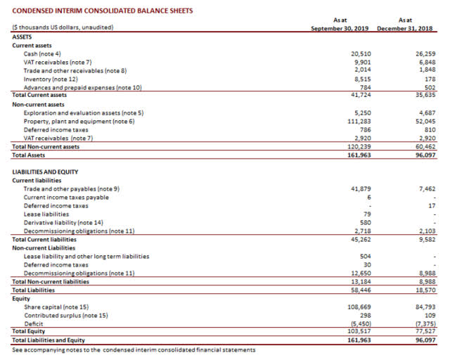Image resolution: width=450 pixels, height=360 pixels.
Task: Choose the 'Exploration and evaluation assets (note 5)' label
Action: point(83,113)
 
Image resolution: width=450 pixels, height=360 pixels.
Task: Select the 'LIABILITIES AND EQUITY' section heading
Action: point(45,172)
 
